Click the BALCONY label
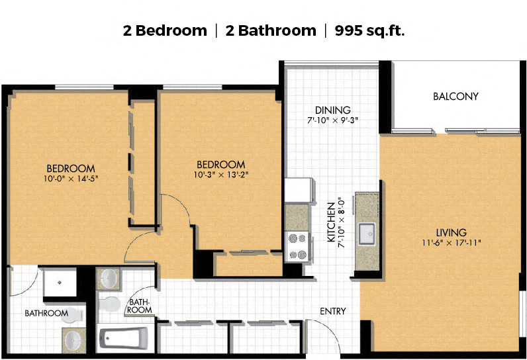pos(455,97)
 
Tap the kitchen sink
pos(366,234)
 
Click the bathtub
pos(124,338)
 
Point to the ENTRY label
pos(333,311)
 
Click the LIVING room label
pos(451,232)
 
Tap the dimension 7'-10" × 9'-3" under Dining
pos(333,120)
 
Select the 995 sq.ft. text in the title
pos(369,30)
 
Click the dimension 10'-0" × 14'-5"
pos(71,178)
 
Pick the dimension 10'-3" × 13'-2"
pos(221,175)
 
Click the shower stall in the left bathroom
pos(60,282)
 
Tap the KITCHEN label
pos(332,222)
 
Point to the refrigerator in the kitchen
pos(299,190)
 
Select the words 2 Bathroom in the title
pos(271,30)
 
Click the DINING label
pos(333,110)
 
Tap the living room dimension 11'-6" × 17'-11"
pos(452,242)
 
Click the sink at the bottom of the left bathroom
pos(73,340)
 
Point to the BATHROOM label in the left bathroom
pos(46,313)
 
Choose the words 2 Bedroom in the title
pos(165,30)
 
